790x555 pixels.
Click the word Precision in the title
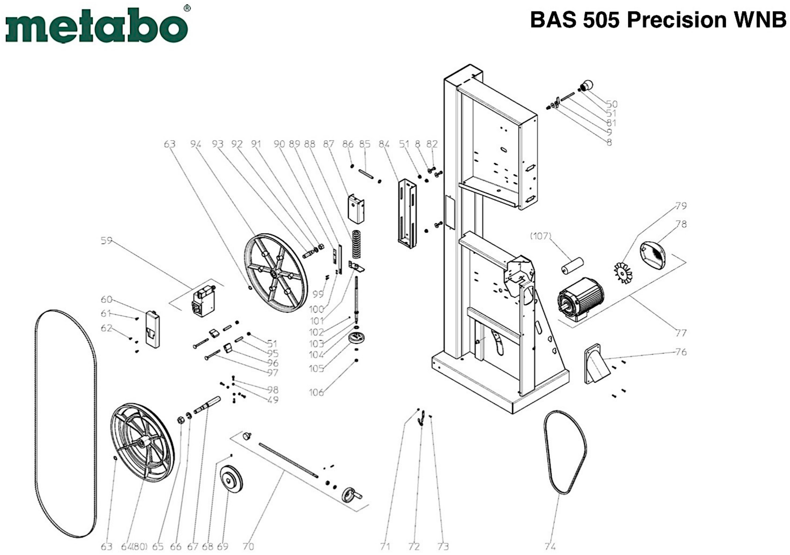(x=676, y=20)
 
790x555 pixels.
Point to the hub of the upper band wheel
(x=275, y=273)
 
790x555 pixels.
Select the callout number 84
(x=384, y=144)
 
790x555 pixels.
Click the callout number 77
(x=681, y=333)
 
